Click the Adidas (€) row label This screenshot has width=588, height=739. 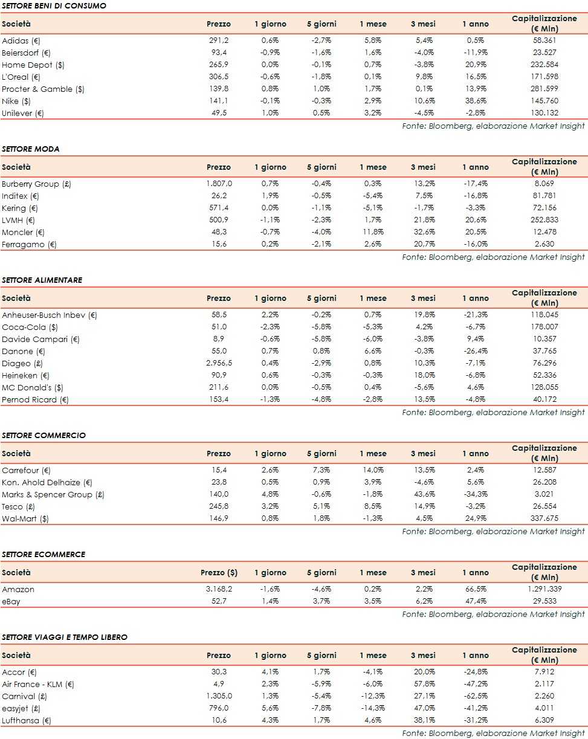pos(21,40)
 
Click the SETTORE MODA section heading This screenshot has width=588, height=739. pos(31,149)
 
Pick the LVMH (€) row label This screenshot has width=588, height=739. pos(18,220)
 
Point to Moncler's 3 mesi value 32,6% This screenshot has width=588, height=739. pos(423,232)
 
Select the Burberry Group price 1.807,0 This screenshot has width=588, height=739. pos(218,184)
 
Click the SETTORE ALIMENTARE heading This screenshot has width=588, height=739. pos(42,280)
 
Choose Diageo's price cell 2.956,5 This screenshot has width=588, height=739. pos(218,363)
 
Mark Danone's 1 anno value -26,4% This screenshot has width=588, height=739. pos(476,351)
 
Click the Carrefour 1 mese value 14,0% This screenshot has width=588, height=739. pos(373,470)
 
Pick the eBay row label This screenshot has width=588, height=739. pos(11,601)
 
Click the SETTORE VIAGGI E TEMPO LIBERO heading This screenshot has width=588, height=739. pos(65,637)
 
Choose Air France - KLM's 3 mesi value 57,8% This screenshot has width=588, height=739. pos(423,684)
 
